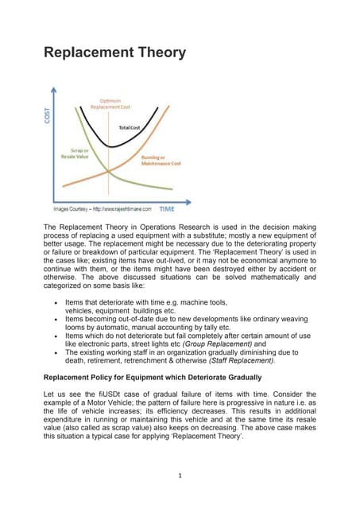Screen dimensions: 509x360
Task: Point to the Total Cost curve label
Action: point(130,127)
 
